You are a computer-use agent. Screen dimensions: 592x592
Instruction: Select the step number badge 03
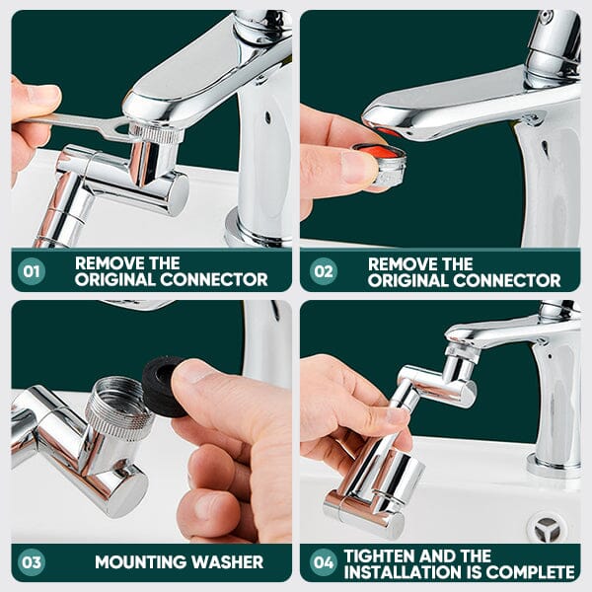32,561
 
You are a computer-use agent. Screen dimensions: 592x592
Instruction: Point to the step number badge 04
322,561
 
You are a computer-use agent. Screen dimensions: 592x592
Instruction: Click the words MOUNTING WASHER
179,562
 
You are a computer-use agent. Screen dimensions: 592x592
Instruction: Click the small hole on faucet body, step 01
267,115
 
